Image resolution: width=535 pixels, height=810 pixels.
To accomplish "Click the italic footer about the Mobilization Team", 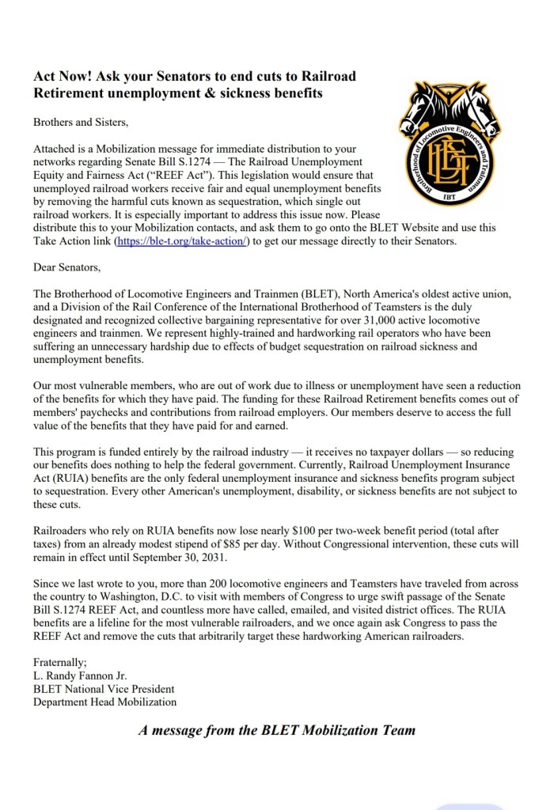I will click(276, 730).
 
